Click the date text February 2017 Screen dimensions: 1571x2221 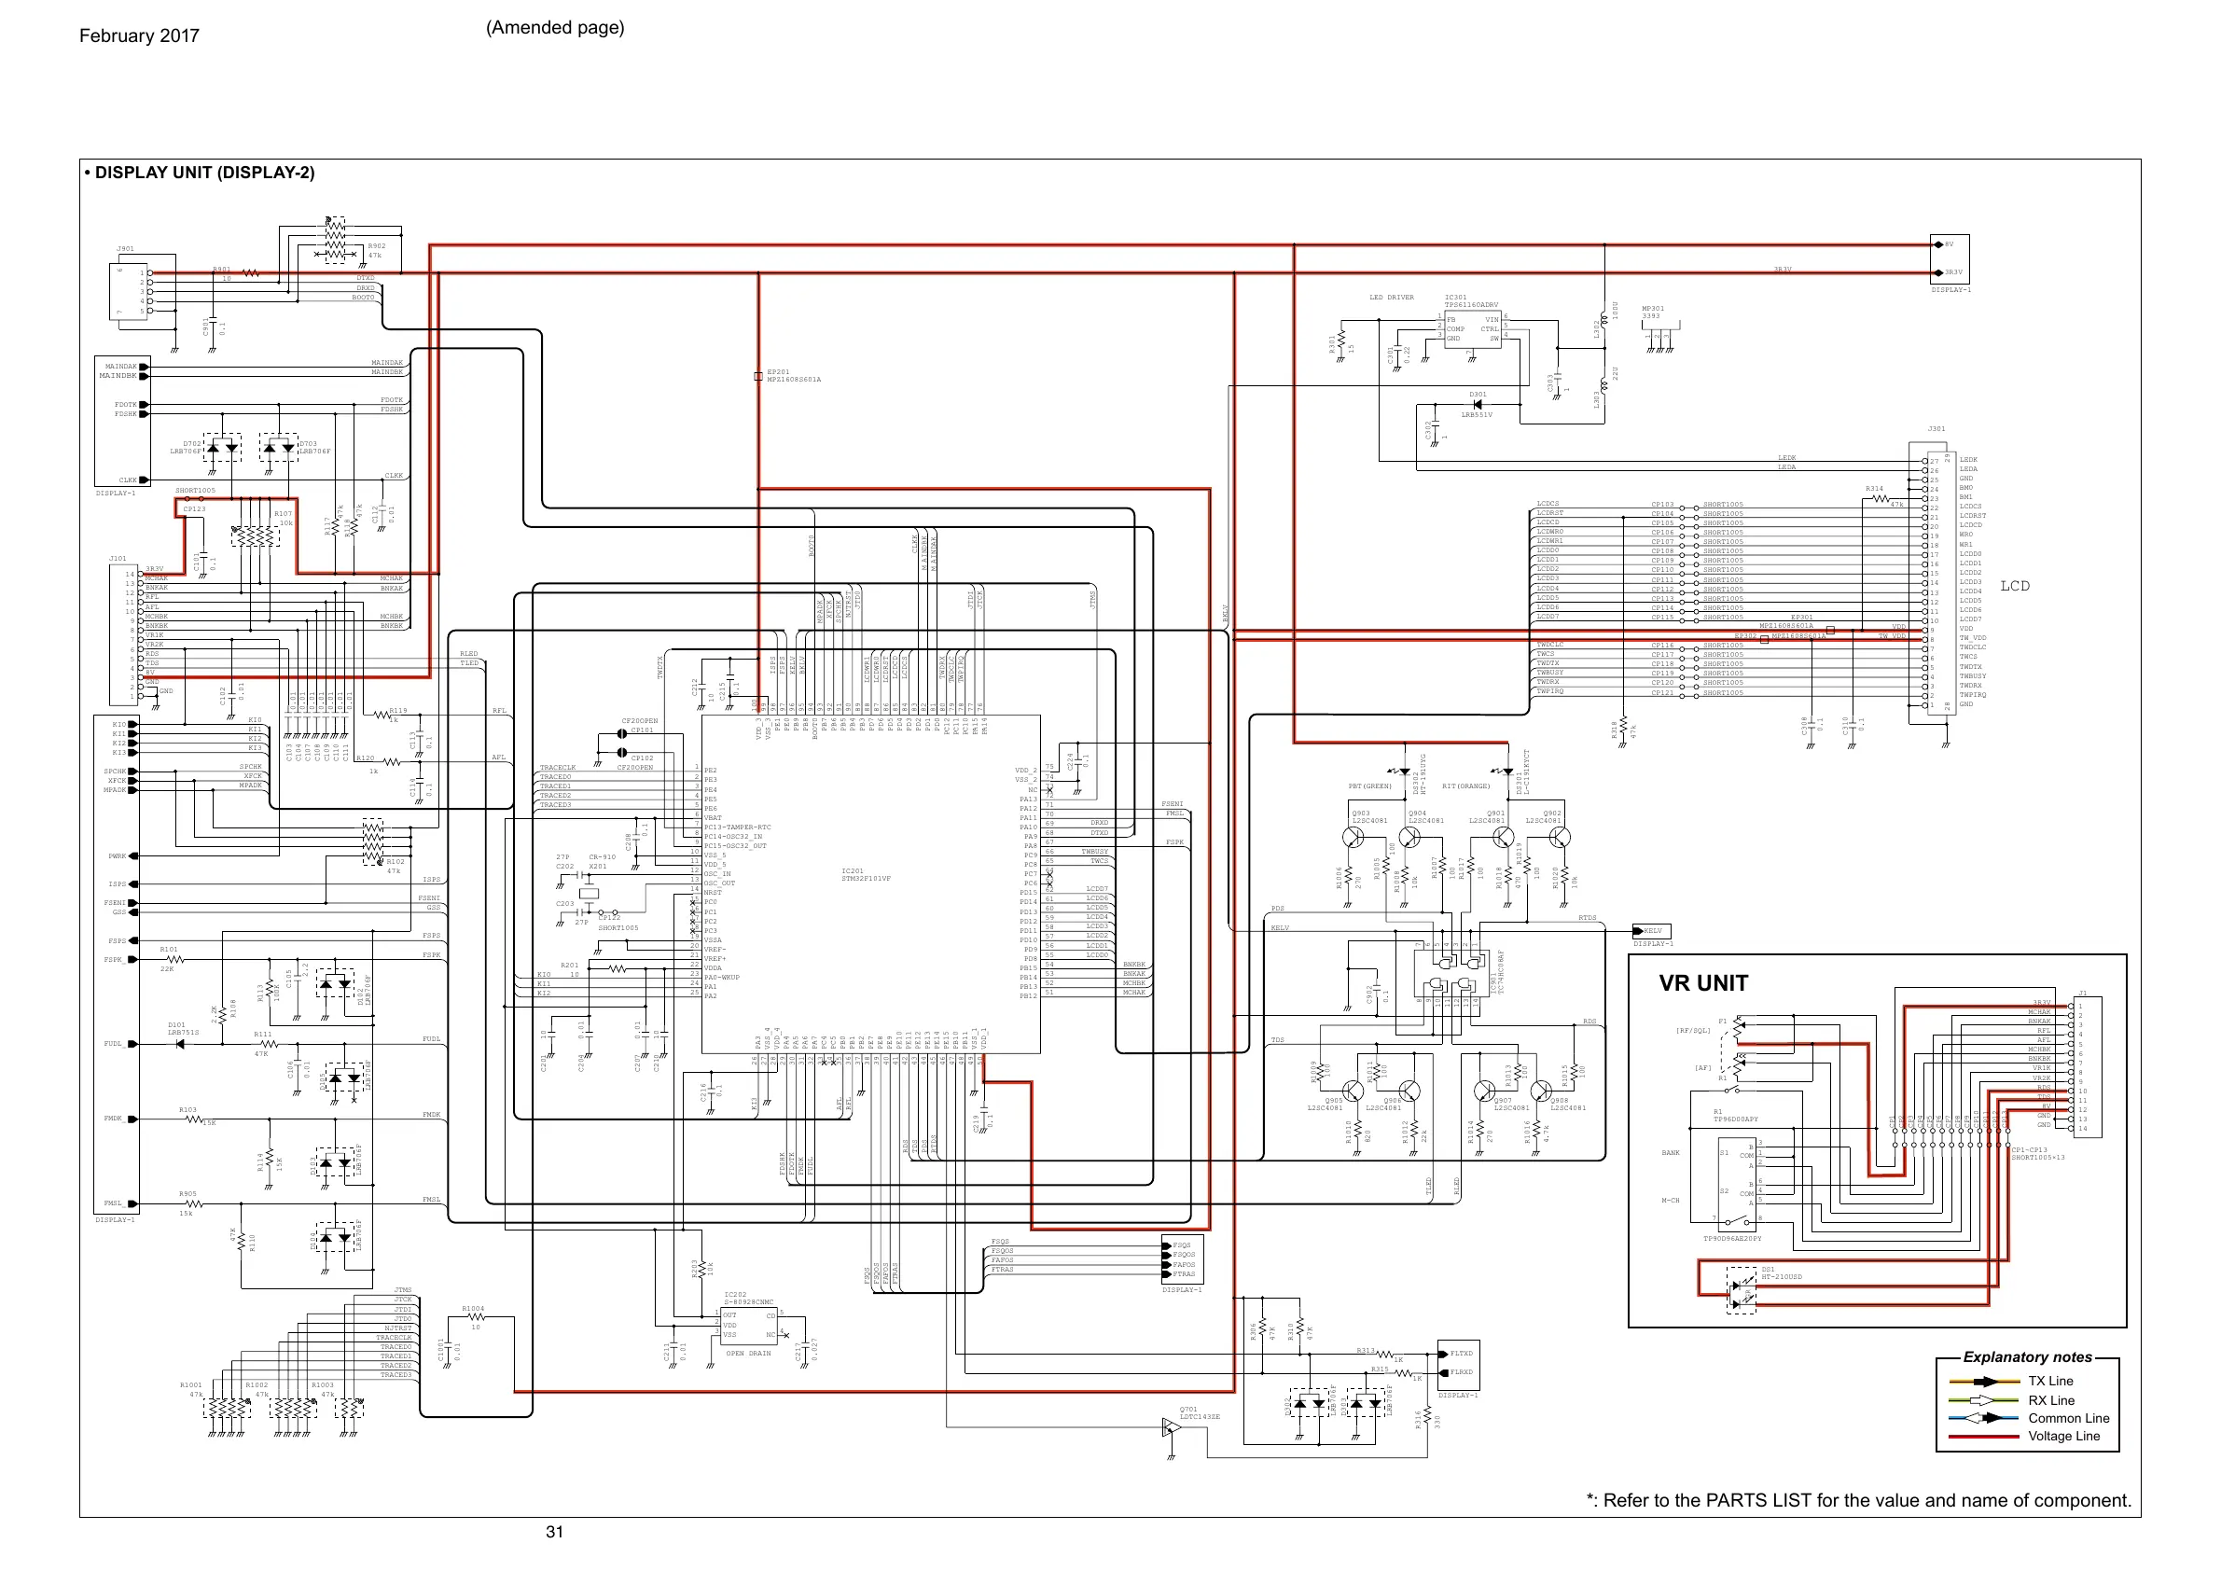(x=139, y=35)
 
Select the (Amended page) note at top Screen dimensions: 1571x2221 (x=555, y=27)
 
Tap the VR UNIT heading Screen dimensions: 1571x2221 (x=1703, y=984)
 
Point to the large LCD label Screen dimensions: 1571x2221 (x=2015, y=586)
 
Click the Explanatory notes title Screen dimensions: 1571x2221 (x=2028, y=1357)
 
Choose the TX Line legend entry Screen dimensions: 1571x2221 (x=2050, y=1382)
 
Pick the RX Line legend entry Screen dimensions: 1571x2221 (x=2052, y=1400)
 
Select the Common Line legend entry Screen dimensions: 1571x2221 (x=2069, y=1418)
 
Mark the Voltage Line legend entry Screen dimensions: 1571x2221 (x=2064, y=1437)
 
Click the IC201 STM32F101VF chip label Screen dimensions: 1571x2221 (x=866, y=874)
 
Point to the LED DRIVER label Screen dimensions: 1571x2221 (x=1391, y=298)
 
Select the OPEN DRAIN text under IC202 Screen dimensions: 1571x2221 (x=749, y=1354)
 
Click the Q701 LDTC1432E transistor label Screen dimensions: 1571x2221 (x=1200, y=1413)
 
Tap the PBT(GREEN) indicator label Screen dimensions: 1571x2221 (x=1369, y=786)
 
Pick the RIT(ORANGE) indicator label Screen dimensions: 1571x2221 (x=1465, y=786)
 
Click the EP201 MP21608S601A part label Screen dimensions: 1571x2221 (x=793, y=375)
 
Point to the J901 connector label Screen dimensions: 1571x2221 (x=126, y=248)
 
